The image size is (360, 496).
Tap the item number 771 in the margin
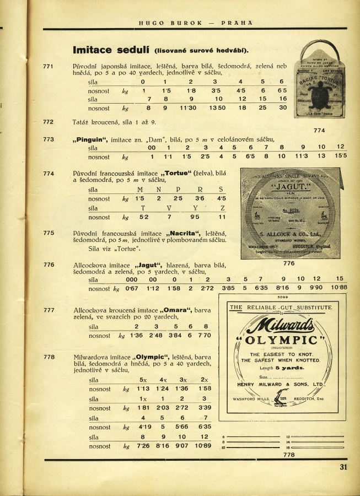coord(48,67)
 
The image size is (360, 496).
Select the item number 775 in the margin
coord(48,233)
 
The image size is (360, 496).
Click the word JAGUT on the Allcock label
coord(287,187)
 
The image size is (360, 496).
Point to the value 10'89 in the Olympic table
coord(203,446)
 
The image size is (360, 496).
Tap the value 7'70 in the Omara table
coord(203,335)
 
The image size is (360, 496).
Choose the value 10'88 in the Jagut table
coord(339,288)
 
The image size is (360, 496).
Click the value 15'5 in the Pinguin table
coord(340,157)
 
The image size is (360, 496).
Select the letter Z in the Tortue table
coord(222,208)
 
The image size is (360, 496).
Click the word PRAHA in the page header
coord(237,23)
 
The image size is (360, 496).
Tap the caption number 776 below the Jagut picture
coord(288,263)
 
